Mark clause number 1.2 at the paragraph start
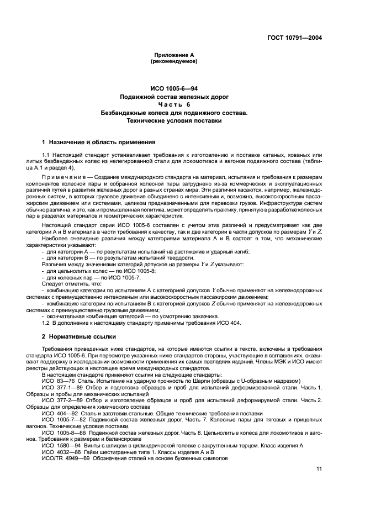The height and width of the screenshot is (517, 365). [46, 323]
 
